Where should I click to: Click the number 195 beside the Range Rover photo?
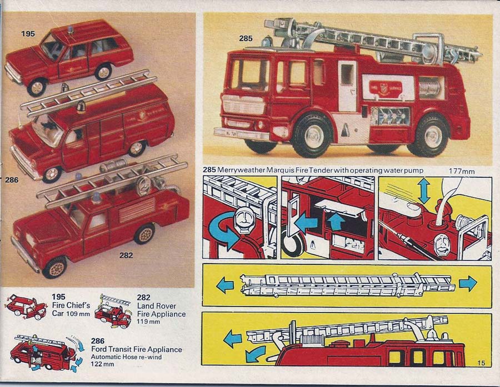28,33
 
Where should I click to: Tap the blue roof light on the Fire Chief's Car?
70,30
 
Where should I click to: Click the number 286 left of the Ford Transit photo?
12,180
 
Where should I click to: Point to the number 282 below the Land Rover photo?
126,255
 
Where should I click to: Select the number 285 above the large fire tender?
246,38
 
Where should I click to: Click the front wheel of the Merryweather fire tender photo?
311,135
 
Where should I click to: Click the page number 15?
481,363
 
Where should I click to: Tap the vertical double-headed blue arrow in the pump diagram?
424,191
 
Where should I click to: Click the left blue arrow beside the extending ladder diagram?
225,285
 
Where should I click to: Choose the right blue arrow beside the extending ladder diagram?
468,283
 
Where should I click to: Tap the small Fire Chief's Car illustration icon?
26,307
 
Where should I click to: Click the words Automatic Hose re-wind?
126,356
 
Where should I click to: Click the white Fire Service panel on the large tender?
386,88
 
